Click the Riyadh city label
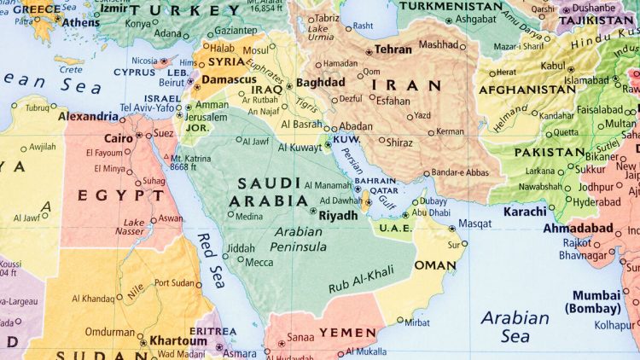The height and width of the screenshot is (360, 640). point(338,216)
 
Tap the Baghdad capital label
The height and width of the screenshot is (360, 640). point(321,83)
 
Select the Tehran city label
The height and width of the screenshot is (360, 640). point(393,50)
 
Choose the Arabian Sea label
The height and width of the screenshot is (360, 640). point(515,327)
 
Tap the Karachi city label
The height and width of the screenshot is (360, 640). point(525,211)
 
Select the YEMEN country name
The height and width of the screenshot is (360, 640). point(347,332)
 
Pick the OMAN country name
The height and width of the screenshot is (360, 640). point(435,265)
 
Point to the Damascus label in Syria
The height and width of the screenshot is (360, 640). point(229,79)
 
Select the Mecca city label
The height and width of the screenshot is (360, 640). point(259,262)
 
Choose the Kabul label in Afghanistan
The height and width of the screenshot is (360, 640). point(553,65)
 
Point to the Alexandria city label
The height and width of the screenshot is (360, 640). point(88,116)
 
